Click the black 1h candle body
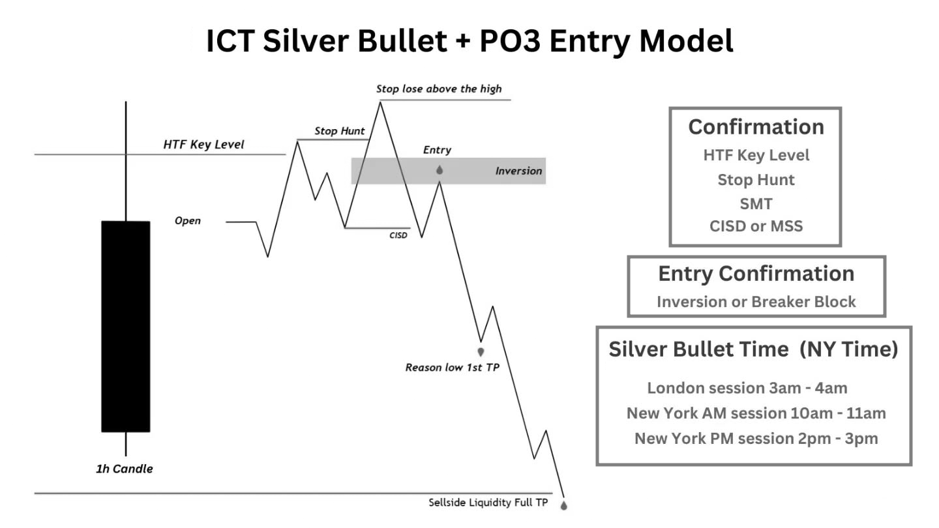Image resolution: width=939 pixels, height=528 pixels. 126,326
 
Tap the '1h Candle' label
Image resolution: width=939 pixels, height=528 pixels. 125,468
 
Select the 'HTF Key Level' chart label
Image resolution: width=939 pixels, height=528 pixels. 203,144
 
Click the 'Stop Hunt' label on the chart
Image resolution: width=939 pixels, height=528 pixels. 340,131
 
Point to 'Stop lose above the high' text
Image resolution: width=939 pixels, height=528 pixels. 439,89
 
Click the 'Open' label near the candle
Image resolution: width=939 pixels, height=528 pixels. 188,220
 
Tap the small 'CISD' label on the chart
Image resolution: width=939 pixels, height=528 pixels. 398,235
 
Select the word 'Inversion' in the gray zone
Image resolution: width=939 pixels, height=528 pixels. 518,171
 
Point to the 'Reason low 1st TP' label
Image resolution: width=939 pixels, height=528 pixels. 453,367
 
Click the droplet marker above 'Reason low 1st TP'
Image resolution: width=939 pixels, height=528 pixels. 481,352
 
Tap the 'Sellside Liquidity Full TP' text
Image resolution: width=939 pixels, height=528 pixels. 488,503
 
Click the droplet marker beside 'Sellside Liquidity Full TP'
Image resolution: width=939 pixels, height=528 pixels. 564,505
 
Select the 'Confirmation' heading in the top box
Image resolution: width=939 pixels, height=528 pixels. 756,126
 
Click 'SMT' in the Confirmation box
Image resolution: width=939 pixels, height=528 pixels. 756,203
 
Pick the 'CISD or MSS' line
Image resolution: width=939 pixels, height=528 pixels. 756,226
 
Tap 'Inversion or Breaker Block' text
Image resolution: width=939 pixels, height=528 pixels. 756,302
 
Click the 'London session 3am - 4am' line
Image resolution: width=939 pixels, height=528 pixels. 747,388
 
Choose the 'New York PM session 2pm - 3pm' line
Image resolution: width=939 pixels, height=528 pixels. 756,438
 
